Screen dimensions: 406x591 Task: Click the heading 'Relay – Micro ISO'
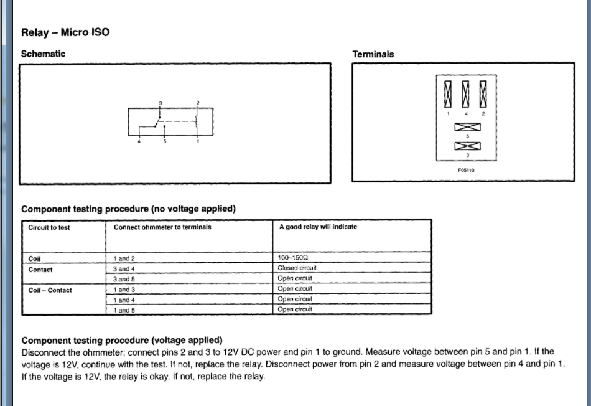click(65, 32)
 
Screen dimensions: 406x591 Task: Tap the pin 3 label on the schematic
click(160, 103)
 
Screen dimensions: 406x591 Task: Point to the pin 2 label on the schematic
click(198, 103)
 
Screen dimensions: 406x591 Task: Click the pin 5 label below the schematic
click(165, 142)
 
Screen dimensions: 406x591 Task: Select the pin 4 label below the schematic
click(139, 142)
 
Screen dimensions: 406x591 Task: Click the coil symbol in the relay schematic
click(197, 120)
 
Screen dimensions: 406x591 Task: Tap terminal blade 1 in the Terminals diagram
click(448, 94)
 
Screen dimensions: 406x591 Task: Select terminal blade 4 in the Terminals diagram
click(465, 94)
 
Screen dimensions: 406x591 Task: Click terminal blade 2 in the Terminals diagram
click(483, 94)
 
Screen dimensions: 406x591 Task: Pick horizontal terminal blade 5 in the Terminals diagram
click(467, 128)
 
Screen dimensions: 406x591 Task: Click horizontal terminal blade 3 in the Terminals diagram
click(467, 147)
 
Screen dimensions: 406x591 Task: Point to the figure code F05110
click(467, 169)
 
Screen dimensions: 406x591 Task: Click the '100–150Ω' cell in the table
click(293, 258)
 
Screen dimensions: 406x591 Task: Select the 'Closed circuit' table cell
click(297, 268)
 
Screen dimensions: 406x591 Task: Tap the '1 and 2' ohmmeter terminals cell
click(124, 258)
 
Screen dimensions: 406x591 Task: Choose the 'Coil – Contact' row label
click(50, 290)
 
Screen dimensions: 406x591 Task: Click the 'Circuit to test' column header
click(49, 227)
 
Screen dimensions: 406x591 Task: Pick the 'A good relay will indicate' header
click(318, 227)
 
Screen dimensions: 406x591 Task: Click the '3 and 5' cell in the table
click(124, 279)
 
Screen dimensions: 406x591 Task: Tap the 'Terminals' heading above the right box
click(373, 54)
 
